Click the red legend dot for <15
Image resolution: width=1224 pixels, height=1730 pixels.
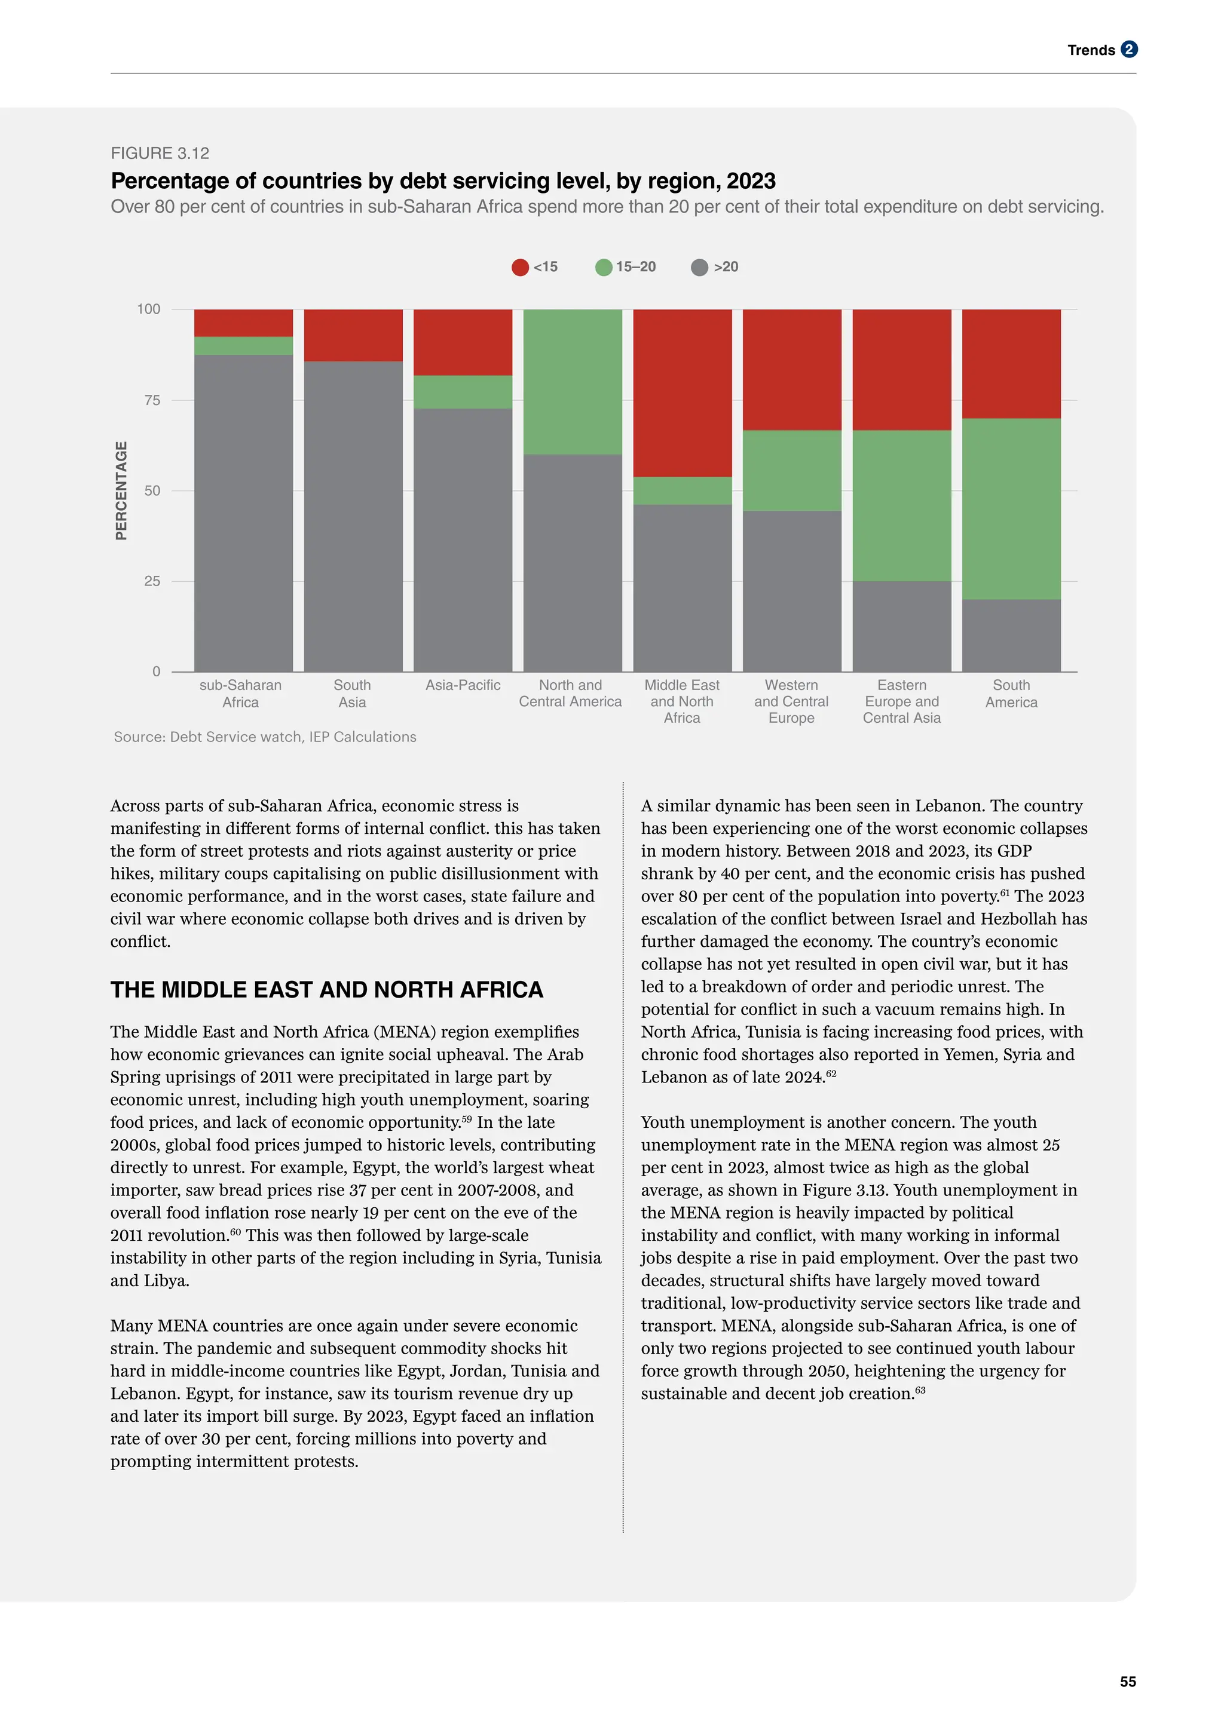[x=520, y=268]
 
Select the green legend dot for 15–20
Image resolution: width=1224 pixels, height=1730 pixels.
[x=604, y=268]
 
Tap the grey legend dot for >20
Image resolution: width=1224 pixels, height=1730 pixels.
[x=699, y=268]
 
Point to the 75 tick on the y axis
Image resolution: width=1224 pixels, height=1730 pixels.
[x=152, y=401]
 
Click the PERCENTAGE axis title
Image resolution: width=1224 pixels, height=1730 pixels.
[x=121, y=490]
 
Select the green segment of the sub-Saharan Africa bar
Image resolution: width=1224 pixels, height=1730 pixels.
[x=243, y=346]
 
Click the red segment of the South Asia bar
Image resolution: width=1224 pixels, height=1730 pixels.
[x=353, y=335]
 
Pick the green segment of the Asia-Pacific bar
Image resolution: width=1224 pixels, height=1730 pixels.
[x=463, y=392]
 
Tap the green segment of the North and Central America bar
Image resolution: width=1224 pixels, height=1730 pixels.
[x=573, y=382]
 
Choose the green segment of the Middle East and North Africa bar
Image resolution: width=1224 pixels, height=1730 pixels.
[x=682, y=490]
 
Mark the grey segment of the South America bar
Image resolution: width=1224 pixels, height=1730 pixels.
[x=1011, y=635]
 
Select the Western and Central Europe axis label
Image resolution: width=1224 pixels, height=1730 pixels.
[x=791, y=701]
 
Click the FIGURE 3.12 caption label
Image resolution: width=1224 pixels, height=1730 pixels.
[x=160, y=154]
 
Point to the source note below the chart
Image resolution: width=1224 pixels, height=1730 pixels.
[x=265, y=737]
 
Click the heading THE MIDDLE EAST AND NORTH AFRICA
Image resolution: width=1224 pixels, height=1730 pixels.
[x=326, y=990]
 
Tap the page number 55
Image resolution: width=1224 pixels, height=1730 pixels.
[x=1128, y=1682]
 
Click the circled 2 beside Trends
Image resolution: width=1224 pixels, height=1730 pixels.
[x=1128, y=50]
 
